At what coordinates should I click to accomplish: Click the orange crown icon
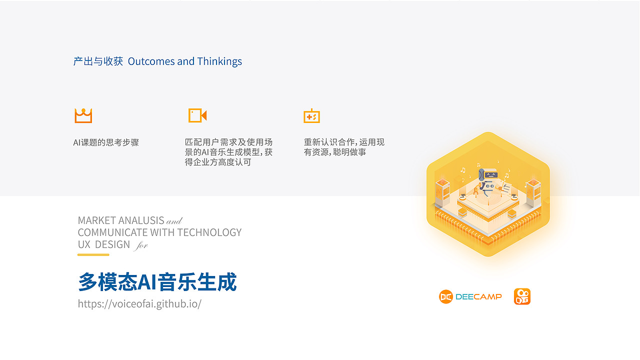(83, 115)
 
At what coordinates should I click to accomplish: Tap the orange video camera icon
(197, 115)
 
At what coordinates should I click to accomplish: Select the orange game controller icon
(311, 116)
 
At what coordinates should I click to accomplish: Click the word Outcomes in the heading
(151, 61)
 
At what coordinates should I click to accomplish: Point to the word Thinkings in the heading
(219, 61)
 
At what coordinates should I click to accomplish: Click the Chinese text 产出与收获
(98, 61)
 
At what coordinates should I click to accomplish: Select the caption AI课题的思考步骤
(106, 142)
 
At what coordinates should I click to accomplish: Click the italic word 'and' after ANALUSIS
(174, 221)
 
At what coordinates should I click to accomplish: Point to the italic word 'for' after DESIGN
(141, 245)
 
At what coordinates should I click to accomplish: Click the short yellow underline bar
(93, 255)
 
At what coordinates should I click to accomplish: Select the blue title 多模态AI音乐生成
(157, 282)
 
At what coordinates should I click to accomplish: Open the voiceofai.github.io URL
(139, 303)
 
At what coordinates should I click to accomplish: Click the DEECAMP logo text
(478, 297)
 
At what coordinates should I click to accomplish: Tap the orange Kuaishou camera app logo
(522, 296)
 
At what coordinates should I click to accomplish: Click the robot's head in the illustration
(489, 175)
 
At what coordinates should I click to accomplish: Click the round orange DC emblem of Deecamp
(445, 297)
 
